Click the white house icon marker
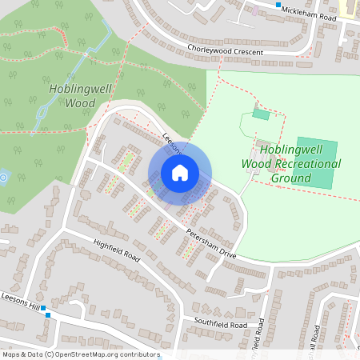[180, 172]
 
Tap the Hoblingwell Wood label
[72, 96]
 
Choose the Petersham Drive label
[210, 240]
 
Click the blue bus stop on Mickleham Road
[278, 6]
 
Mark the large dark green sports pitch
[314, 163]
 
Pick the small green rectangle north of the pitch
[261, 114]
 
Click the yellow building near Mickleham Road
[349, 8]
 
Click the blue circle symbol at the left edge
[3, 177]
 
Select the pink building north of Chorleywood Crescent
[254, 11]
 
